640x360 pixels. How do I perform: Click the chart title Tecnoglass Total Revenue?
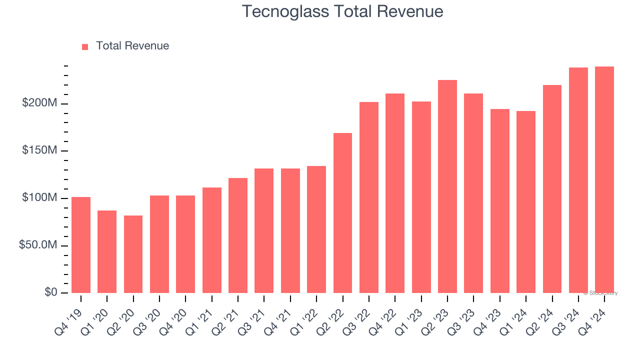point(342,11)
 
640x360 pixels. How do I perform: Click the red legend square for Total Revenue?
point(85,46)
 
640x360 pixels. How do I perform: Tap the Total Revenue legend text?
point(132,46)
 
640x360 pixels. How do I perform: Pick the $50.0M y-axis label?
point(38,245)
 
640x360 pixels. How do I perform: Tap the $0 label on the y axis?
point(49,292)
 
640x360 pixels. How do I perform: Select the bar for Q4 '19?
point(81,245)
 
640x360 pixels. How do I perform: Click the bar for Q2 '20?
point(133,254)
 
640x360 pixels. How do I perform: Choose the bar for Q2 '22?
point(342,213)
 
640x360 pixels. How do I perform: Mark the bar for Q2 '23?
point(447,186)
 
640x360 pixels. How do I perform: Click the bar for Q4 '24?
point(604,180)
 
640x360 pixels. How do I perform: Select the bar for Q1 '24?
point(525,202)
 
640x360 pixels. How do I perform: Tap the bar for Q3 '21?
point(264,230)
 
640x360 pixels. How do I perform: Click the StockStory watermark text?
point(600,293)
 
